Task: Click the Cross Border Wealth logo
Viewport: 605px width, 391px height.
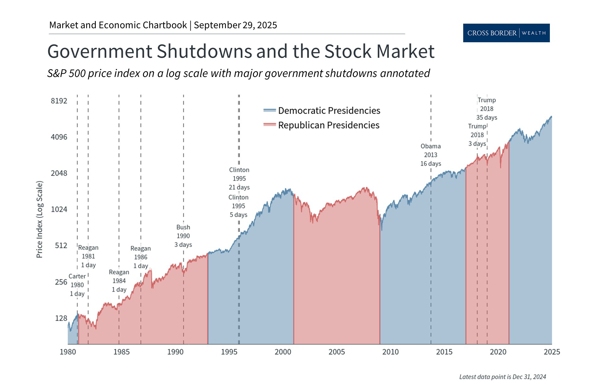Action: [506, 33]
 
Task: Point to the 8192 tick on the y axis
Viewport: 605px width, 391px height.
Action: [59, 101]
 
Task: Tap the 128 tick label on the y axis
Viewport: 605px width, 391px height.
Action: [61, 318]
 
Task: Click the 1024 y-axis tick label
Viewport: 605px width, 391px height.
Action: [59, 209]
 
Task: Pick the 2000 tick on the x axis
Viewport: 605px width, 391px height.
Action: [283, 352]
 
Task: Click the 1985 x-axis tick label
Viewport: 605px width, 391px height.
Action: [121, 352]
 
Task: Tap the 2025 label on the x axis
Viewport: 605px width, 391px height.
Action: [552, 352]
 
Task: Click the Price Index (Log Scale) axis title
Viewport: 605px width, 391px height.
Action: [39, 219]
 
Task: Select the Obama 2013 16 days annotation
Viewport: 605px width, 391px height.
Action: [430, 155]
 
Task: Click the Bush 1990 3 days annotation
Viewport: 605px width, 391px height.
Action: [183, 236]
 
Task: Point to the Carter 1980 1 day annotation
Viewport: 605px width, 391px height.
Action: [77, 285]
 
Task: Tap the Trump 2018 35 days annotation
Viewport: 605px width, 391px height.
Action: [487, 109]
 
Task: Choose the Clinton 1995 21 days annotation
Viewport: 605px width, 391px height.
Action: [239, 178]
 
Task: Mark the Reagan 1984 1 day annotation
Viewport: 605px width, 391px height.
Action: [119, 281]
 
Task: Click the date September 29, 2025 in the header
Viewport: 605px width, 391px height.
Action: [235, 25]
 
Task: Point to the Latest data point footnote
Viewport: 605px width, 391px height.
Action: [502, 377]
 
